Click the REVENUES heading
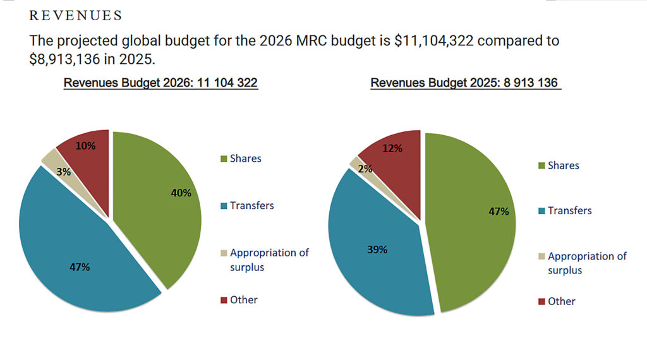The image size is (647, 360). point(76,15)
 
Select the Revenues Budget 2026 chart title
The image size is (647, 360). point(160,83)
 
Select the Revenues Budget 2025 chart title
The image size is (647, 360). point(466,83)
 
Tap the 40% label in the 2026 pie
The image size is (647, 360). point(181,193)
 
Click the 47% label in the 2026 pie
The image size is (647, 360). point(80,267)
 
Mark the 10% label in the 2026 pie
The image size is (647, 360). point(85,146)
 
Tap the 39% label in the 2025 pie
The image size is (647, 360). point(377,249)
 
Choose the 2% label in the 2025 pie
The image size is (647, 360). point(365,169)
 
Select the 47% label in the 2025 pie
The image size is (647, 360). point(499,212)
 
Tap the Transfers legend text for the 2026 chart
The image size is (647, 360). point(252,205)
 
